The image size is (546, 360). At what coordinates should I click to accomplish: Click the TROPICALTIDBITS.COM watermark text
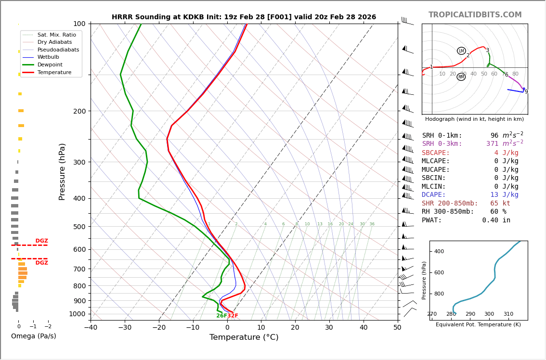tap(475, 15)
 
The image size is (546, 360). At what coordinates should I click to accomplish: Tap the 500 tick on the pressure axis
tap(79, 227)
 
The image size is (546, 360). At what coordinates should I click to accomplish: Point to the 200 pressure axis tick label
tap(79, 111)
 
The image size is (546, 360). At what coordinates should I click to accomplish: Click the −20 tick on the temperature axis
tap(159, 328)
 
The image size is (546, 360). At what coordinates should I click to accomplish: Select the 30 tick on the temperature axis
tap(329, 328)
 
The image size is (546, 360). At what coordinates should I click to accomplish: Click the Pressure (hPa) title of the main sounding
tap(63, 171)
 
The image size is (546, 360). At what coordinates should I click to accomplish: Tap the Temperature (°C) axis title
tap(244, 337)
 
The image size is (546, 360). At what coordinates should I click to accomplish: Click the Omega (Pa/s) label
tap(34, 336)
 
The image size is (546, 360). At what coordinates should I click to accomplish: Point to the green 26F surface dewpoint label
tap(221, 316)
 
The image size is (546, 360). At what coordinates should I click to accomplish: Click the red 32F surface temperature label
tap(233, 316)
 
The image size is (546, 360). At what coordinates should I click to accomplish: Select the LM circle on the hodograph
tap(461, 51)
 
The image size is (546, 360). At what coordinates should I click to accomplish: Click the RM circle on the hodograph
tap(461, 77)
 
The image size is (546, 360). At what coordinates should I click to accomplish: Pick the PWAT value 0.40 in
tap(496, 220)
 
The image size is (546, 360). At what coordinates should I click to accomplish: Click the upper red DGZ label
tap(41, 241)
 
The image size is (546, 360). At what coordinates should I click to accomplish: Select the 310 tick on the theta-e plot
tap(508, 314)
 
